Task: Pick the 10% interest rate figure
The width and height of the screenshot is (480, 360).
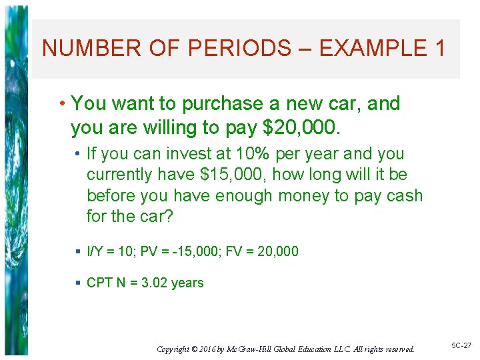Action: (x=253, y=154)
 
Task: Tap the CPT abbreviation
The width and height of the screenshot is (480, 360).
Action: (x=99, y=283)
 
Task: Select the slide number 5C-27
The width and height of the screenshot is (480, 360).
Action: (x=461, y=345)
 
